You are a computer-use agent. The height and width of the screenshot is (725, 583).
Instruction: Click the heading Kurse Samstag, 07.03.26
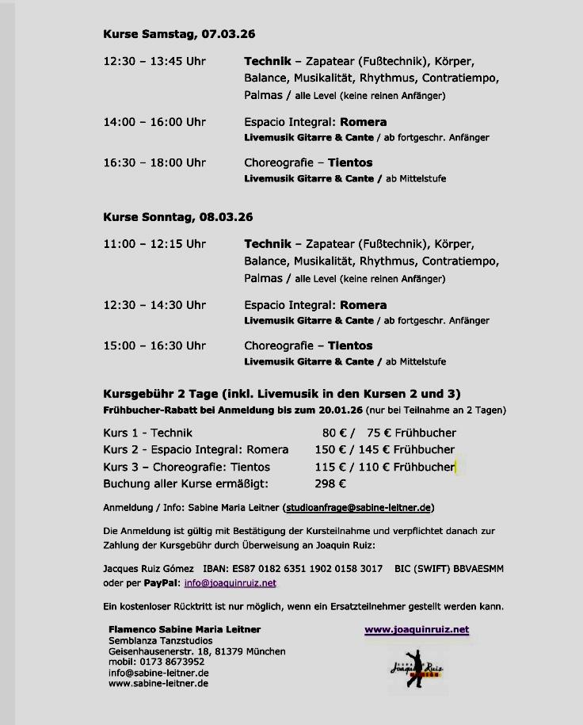(x=179, y=34)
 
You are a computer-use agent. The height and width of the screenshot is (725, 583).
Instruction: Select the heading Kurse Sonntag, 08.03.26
(x=178, y=217)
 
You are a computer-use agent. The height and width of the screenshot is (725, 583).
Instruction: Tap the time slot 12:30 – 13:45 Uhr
(x=154, y=61)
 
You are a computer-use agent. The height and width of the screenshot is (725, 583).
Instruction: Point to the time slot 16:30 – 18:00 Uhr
(x=154, y=162)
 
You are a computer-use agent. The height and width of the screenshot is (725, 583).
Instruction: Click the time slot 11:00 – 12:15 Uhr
(x=154, y=244)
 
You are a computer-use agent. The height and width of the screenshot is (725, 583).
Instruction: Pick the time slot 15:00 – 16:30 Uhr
(x=154, y=345)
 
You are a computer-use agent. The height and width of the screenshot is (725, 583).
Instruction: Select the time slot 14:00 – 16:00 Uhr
(x=154, y=122)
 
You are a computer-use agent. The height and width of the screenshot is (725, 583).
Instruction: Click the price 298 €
(x=330, y=483)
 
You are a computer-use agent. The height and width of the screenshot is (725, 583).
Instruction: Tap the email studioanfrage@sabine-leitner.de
(x=358, y=507)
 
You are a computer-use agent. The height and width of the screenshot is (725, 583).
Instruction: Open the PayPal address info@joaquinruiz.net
(x=230, y=583)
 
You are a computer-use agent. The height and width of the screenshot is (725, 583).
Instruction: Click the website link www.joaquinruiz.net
(x=417, y=630)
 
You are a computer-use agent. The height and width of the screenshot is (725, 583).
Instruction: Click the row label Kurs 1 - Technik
(x=147, y=433)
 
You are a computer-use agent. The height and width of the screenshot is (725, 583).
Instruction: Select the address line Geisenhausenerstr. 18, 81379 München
(x=197, y=651)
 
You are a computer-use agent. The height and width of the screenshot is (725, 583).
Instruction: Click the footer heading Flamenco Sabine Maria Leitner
(x=185, y=629)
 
